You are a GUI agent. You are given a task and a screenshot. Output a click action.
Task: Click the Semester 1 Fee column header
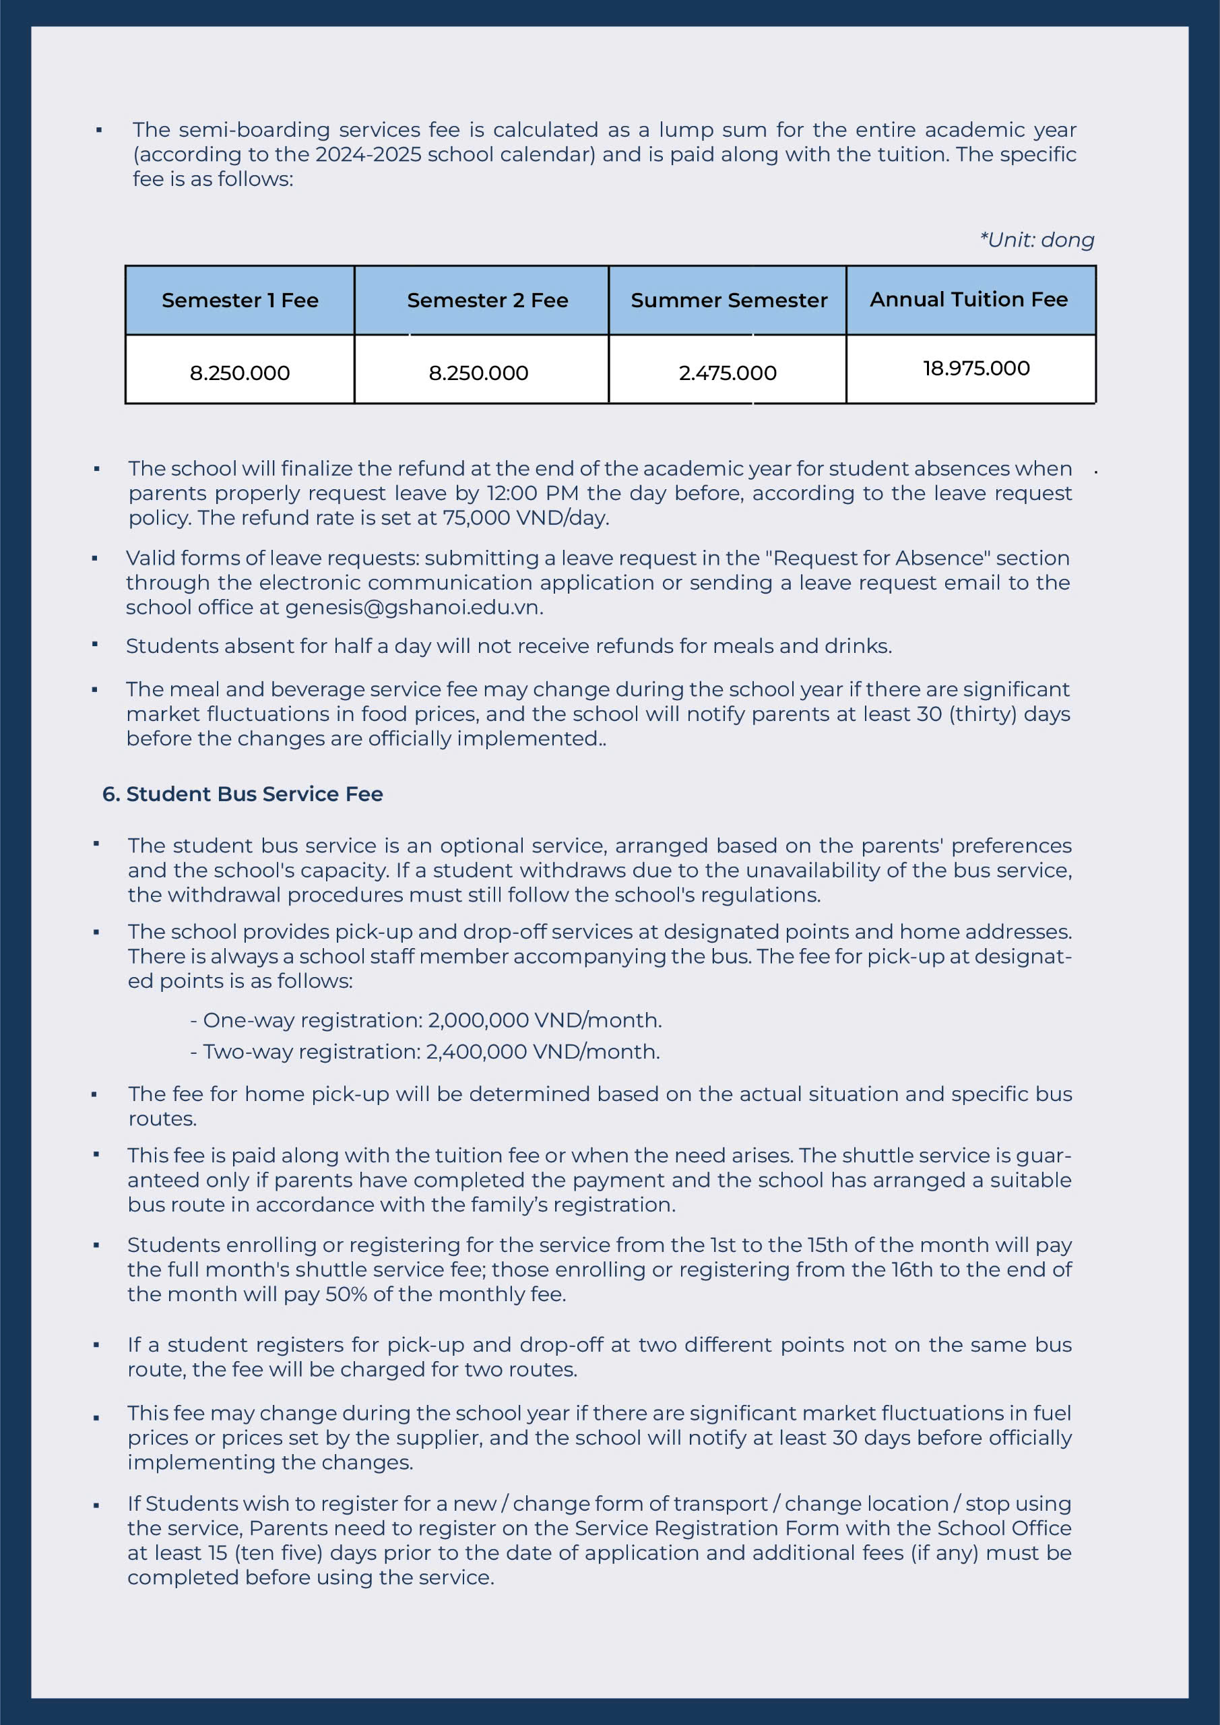coord(240,301)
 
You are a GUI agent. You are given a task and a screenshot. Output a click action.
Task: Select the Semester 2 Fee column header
coord(487,301)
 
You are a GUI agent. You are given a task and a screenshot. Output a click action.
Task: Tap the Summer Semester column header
coord(729,301)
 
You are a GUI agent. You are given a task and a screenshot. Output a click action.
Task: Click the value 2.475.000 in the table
coord(727,373)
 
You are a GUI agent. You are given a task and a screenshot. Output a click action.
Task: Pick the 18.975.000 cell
coord(976,369)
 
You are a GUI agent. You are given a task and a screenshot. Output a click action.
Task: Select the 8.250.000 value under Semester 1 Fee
coord(240,373)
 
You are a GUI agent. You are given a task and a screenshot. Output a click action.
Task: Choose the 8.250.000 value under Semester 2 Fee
coord(478,373)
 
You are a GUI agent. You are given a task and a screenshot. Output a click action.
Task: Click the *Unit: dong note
coord(1037,241)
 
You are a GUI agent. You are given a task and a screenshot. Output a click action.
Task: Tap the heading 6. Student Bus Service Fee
coord(243,794)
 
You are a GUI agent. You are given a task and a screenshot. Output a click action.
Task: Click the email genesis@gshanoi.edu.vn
coord(412,608)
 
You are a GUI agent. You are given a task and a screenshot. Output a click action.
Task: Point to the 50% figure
coord(346,1294)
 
